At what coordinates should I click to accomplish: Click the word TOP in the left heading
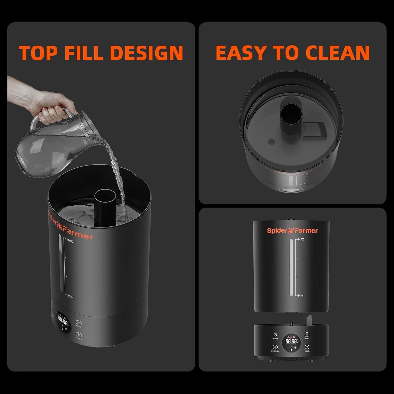tap(38, 53)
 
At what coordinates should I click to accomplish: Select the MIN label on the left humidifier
tap(70, 297)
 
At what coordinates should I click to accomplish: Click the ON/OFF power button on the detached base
tap(275, 335)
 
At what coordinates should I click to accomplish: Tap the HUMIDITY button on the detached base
tap(275, 347)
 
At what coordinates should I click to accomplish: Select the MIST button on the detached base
tap(307, 335)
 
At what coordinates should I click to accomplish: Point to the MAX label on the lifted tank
tap(301, 239)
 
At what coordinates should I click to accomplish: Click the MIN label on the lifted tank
tap(300, 295)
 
